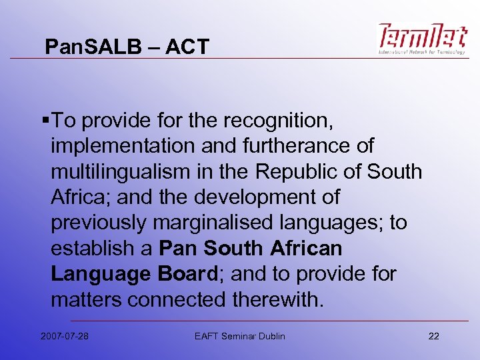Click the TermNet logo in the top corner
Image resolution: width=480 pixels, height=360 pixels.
pyautogui.click(x=423, y=39)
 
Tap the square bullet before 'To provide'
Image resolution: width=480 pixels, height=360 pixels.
pyautogui.click(x=44, y=121)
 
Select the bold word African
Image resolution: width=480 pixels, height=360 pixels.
pyautogui.click(x=306, y=249)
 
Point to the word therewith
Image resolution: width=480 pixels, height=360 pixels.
pyautogui.click(x=278, y=299)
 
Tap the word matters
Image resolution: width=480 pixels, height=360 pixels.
pyautogui.click(x=86, y=299)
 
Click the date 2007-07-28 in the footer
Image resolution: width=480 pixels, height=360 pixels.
pyautogui.click(x=64, y=336)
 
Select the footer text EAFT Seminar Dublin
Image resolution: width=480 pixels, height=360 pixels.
pyautogui.click(x=239, y=336)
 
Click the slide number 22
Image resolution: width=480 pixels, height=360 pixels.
pyautogui.click(x=434, y=336)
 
